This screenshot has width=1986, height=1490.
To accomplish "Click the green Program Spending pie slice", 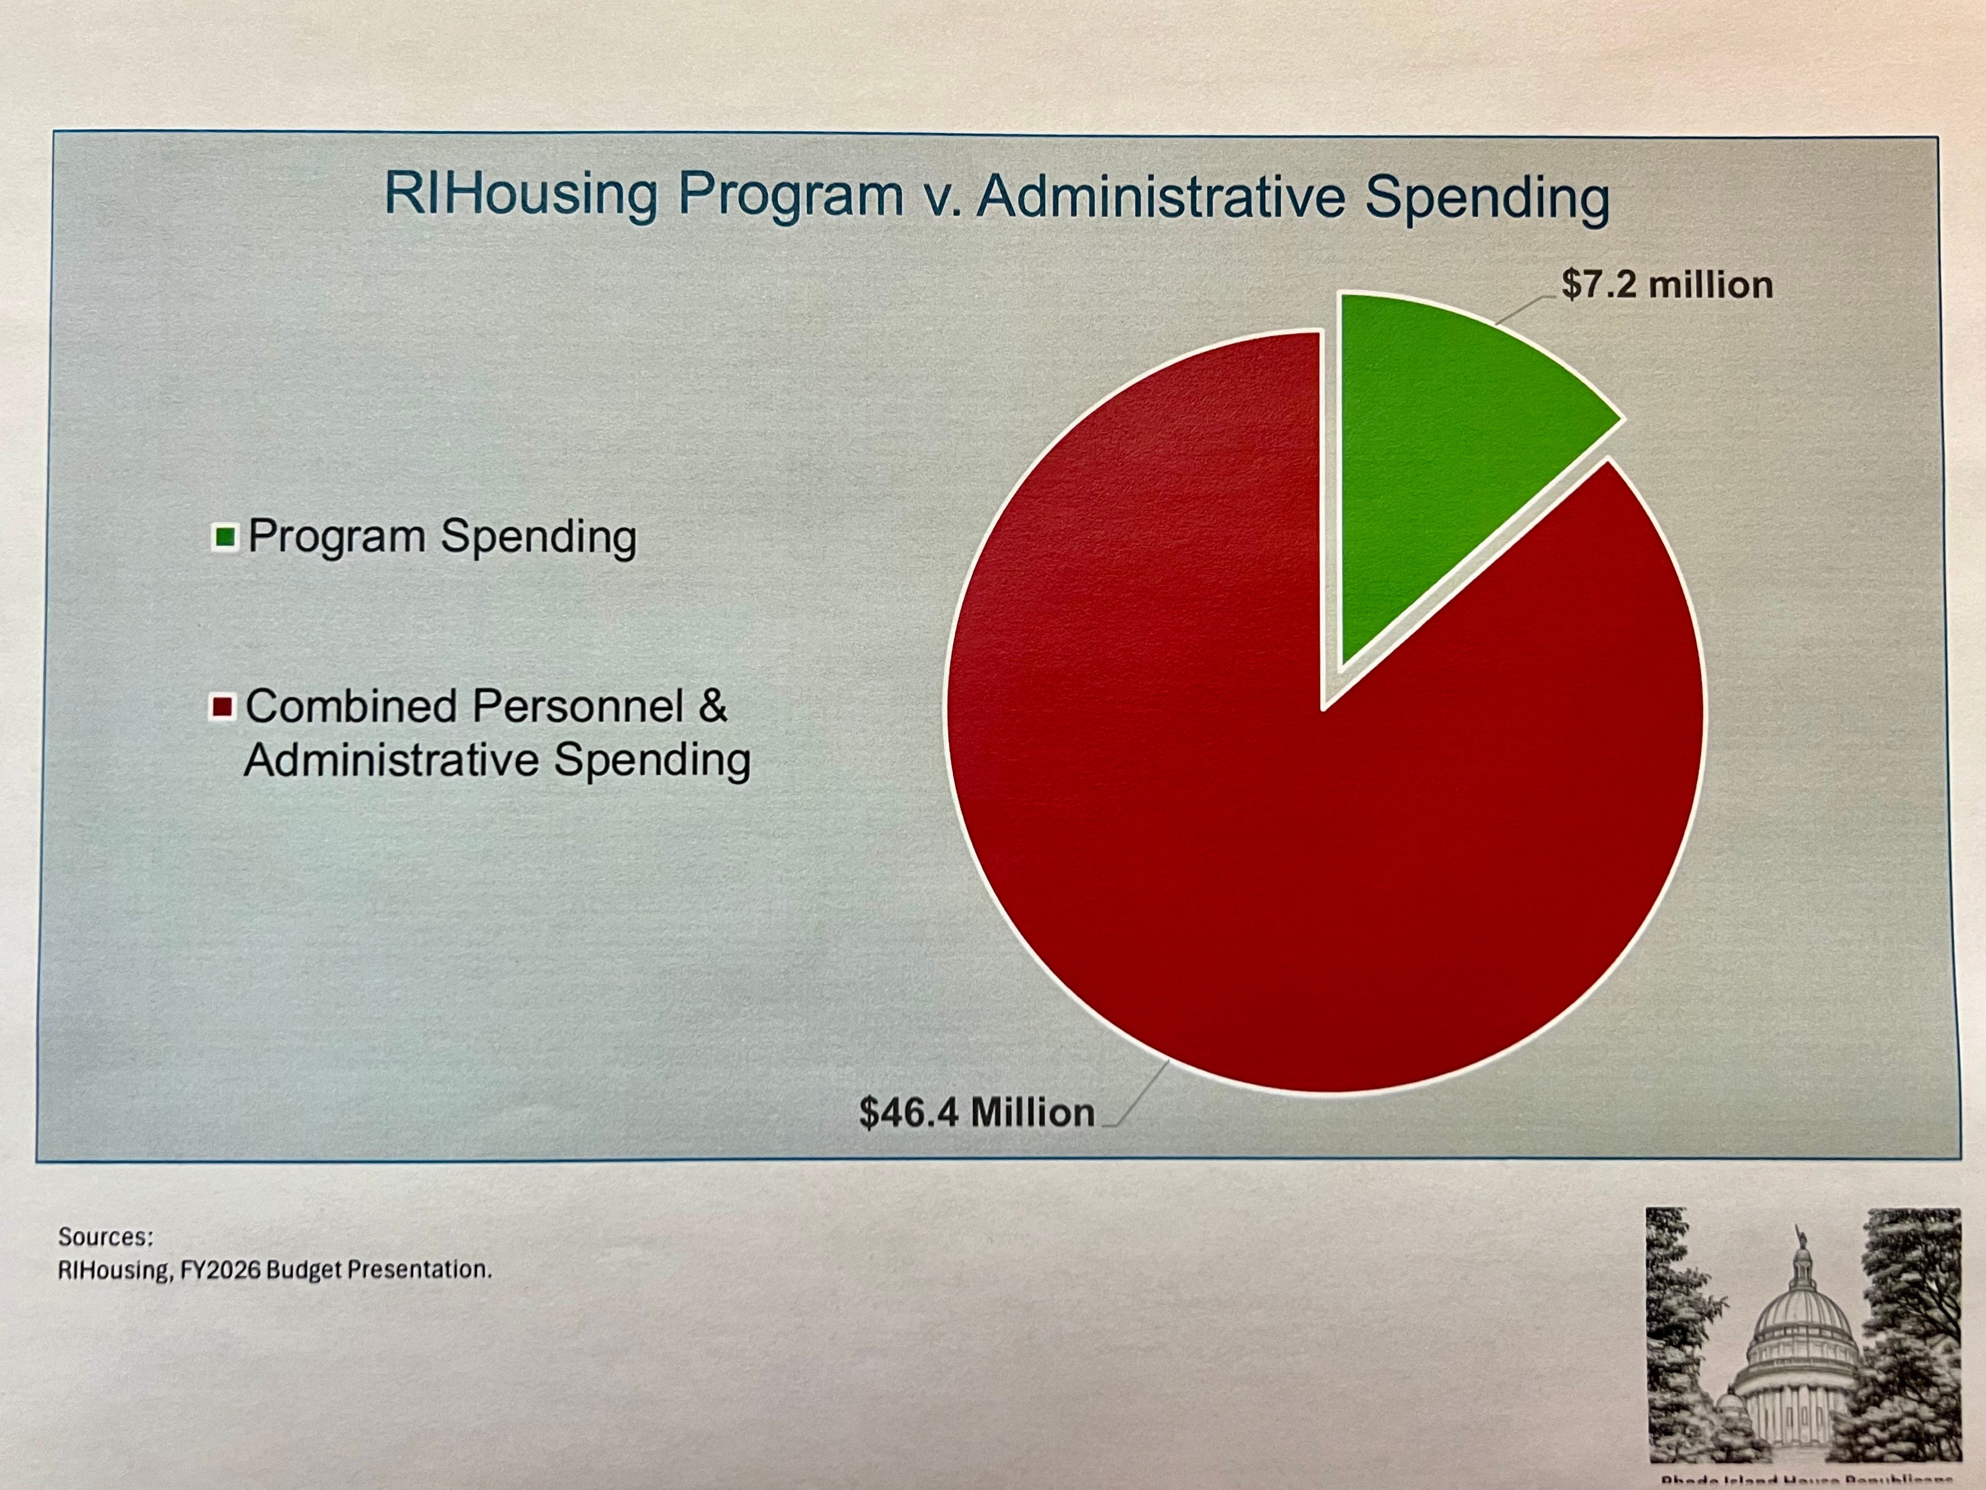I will click(x=1437, y=449).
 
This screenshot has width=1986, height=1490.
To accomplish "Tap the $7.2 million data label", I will click(x=1666, y=285).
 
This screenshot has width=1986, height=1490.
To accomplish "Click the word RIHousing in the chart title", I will click(x=521, y=194).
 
